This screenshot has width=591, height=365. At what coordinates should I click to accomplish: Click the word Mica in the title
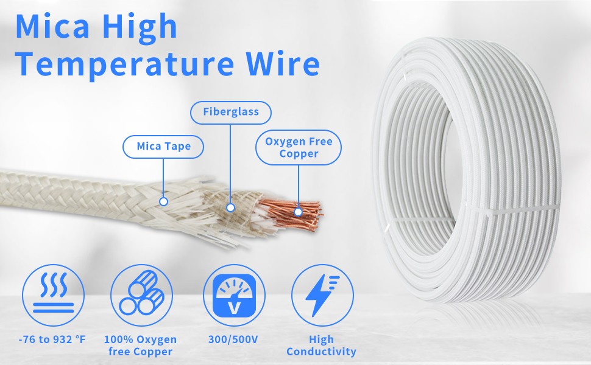pyautogui.click(x=53, y=26)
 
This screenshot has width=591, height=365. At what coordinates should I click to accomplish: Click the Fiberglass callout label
pyautogui.click(x=231, y=112)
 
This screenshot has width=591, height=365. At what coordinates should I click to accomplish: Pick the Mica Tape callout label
pyautogui.click(x=163, y=147)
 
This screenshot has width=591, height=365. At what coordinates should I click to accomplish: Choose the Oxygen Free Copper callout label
pyautogui.click(x=299, y=147)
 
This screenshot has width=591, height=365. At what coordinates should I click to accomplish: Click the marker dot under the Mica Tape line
pyautogui.click(x=163, y=202)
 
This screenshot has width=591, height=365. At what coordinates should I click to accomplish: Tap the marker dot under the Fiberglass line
pyautogui.click(x=231, y=207)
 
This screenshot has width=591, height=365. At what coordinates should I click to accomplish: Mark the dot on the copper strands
pyautogui.click(x=298, y=212)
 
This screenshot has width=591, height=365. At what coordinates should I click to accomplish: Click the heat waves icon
pyautogui.click(x=53, y=295)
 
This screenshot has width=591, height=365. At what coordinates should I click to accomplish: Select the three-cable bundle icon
pyautogui.click(x=142, y=295)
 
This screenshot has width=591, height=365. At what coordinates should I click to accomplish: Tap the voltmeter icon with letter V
pyautogui.click(x=234, y=295)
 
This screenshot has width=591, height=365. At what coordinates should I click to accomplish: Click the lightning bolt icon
pyautogui.click(x=322, y=295)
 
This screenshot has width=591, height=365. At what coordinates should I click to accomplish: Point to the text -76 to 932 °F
pyautogui.click(x=52, y=339)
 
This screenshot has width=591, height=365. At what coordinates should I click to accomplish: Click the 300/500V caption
pyautogui.click(x=233, y=339)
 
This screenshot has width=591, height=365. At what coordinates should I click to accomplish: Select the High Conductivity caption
pyautogui.click(x=321, y=346)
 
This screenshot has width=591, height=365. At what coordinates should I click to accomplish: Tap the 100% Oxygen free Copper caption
pyautogui.click(x=140, y=346)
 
